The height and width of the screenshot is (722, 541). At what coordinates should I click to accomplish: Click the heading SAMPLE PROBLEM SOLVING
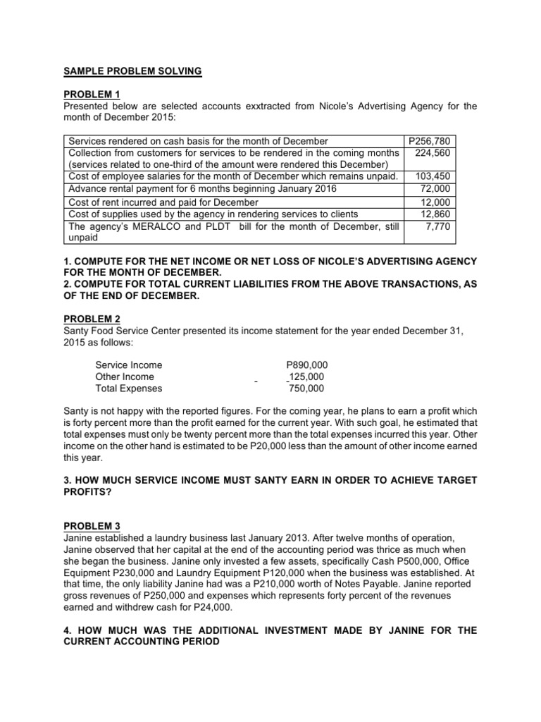(x=132, y=71)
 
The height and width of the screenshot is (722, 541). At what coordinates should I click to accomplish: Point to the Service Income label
(x=129, y=365)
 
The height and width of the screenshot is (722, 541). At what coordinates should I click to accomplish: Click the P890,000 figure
(x=306, y=365)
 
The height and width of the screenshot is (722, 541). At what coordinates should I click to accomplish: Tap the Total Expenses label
(x=129, y=388)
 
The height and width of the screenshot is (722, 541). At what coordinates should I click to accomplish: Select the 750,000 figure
(x=307, y=388)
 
